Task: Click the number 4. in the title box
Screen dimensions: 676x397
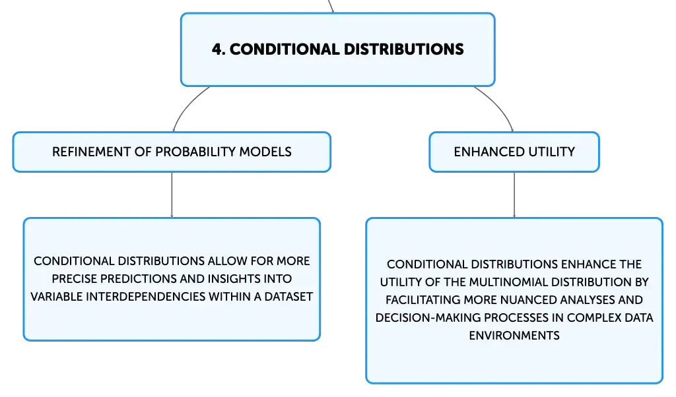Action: [x=219, y=49]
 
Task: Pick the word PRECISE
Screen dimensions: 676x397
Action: [x=74, y=279]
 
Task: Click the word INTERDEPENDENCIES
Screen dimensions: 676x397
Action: [x=145, y=297]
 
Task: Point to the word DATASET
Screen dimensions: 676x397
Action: [x=288, y=297]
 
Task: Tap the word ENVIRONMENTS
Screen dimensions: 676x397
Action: [x=514, y=336]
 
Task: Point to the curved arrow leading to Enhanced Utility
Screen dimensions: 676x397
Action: [x=500, y=105]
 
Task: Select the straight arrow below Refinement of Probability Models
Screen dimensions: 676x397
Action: [x=172, y=195]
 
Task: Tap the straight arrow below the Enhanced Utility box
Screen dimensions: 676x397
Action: [x=514, y=195]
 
